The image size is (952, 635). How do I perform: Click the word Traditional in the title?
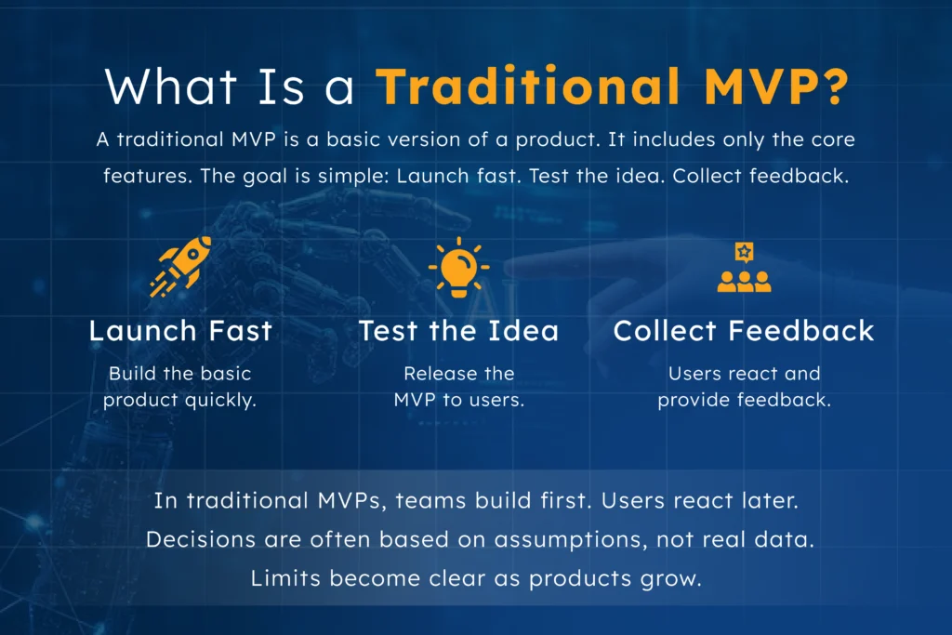[x=527, y=86]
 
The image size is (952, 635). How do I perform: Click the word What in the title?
[x=164, y=86]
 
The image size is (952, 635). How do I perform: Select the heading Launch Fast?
[x=180, y=331]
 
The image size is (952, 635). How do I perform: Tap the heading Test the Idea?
[x=458, y=331]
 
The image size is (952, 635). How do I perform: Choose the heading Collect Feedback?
[x=744, y=331]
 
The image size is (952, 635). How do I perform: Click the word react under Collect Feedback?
[x=748, y=374]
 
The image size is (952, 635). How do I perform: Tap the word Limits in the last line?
[x=283, y=577]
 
